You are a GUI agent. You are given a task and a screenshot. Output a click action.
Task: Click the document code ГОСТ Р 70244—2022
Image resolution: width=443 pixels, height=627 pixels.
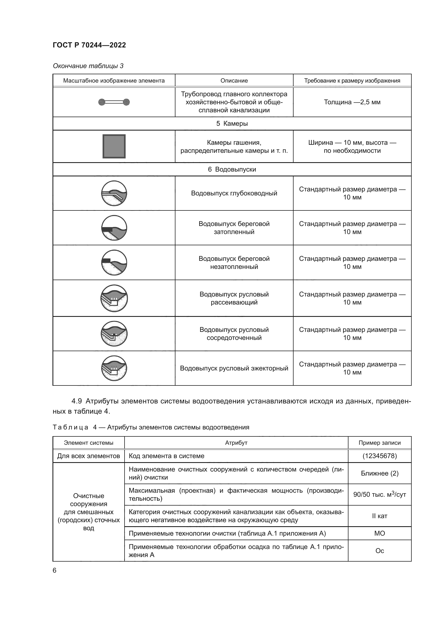click(89, 45)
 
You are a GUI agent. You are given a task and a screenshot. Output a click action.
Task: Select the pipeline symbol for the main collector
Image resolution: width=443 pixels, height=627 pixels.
click(114, 102)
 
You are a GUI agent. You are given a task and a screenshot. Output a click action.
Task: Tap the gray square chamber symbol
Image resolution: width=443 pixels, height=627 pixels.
click(114, 146)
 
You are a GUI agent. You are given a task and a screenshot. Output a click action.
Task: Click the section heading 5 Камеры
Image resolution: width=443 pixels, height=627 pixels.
click(232, 123)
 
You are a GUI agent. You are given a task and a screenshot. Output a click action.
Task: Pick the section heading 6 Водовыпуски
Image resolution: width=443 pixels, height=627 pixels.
click(232, 169)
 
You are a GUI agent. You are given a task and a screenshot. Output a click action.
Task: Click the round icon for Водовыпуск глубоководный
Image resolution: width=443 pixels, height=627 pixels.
click(114, 193)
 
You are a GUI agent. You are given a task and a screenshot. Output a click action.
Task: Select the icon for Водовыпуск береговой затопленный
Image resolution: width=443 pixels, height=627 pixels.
click(114, 228)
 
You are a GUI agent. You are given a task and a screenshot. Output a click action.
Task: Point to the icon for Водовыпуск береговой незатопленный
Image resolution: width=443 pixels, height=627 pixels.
click(114, 262)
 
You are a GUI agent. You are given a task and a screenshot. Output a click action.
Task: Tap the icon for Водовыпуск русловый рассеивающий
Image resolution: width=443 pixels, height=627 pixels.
click(114, 298)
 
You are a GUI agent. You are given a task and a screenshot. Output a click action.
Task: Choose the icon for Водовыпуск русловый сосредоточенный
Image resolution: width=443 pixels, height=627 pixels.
click(114, 334)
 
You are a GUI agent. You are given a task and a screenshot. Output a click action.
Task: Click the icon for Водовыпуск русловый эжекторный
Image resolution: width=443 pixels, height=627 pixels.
click(114, 368)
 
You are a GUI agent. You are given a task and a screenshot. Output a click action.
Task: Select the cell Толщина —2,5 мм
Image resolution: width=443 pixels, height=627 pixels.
click(352, 102)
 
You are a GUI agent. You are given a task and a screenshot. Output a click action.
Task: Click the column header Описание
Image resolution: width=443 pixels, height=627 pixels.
click(234, 81)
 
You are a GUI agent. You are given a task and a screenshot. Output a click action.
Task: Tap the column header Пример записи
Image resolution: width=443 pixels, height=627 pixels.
click(380, 443)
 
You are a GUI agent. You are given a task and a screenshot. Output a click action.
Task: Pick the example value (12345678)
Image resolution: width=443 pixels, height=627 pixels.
click(380, 456)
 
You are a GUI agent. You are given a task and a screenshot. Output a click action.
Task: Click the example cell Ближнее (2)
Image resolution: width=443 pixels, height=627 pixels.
click(380, 473)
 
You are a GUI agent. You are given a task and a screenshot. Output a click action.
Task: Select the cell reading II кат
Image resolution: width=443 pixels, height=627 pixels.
click(380, 516)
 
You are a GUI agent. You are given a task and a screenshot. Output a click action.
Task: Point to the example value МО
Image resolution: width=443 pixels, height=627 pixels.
click(380, 533)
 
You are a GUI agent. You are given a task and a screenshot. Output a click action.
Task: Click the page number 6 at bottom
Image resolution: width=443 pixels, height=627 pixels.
click(55, 570)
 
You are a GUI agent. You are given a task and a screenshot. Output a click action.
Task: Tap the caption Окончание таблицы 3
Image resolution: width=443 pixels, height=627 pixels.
click(88, 66)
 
